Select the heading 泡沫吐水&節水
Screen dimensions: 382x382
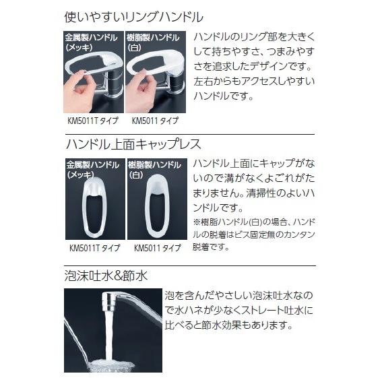pyautogui.click(x=106, y=276)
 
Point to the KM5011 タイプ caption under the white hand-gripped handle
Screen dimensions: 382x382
pyautogui.click(x=156, y=121)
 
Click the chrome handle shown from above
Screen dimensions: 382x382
pyautogui.click(x=94, y=205)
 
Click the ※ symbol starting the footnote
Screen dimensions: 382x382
pyautogui.click(x=197, y=223)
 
